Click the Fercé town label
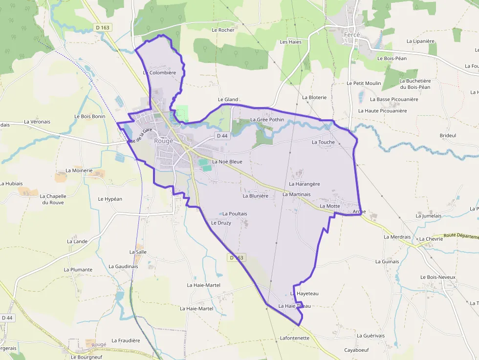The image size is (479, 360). [x=352, y=35]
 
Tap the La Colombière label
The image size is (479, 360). [x=159, y=73]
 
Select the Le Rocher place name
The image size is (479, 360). [x=223, y=30]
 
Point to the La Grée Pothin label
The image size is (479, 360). [x=267, y=120]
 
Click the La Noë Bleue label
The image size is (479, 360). [x=227, y=162]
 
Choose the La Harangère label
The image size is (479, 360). [x=304, y=184]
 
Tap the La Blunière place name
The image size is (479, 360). [x=256, y=196]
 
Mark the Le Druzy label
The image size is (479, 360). [x=221, y=223]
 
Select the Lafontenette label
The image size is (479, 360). [x=295, y=338]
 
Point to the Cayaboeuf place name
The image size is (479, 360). [x=356, y=350]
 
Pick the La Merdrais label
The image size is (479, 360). [x=397, y=237]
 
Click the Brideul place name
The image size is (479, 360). [x=448, y=135]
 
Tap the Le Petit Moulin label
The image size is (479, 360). [x=364, y=84]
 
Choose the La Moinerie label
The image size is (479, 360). [x=79, y=170]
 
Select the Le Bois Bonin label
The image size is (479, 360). [x=89, y=116]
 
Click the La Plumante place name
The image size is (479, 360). [x=78, y=270]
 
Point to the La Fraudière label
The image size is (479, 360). [x=126, y=340]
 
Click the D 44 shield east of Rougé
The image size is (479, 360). [x=222, y=135]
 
